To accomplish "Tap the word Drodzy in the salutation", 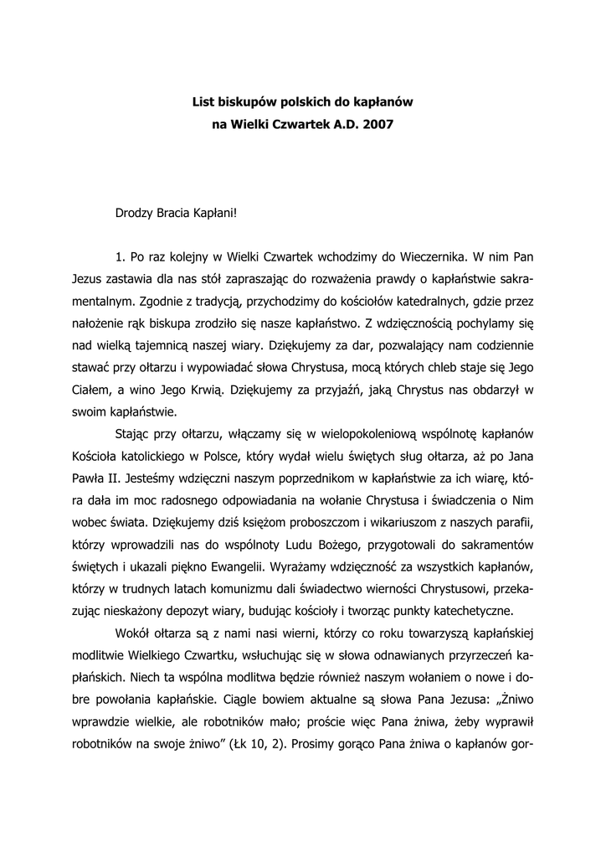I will click(x=135, y=213).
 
